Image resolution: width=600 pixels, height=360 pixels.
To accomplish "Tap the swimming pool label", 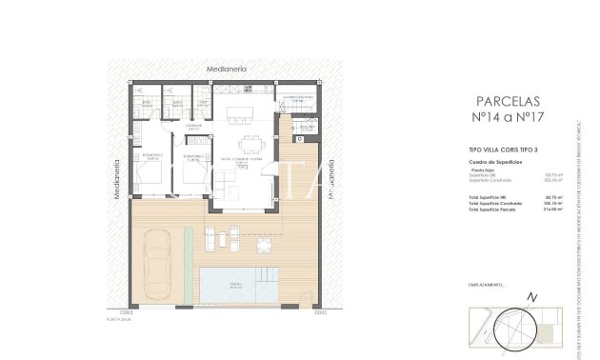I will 236,285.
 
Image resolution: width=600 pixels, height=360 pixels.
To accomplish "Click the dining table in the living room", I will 251,146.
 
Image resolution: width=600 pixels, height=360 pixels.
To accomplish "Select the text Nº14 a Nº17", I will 506,119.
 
